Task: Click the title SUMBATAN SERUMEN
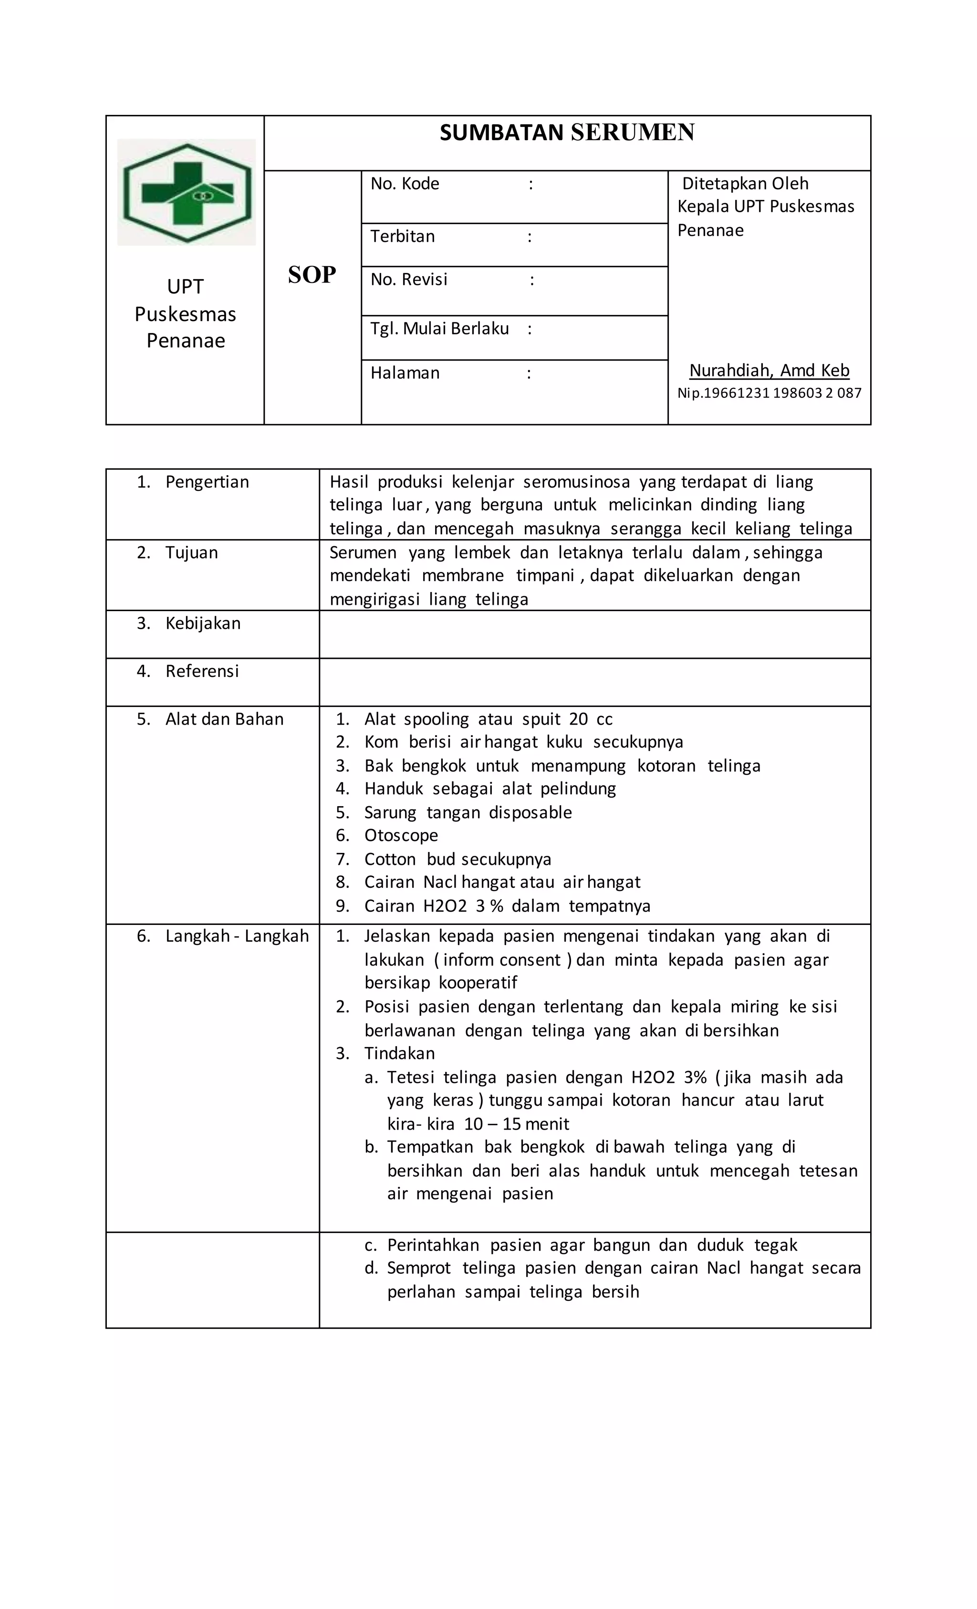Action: tap(566, 133)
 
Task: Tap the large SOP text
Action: tap(312, 275)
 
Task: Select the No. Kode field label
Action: tap(405, 184)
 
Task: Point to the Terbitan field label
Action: tap(402, 237)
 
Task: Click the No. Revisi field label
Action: tap(409, 280)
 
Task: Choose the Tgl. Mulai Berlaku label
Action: tap(439, 329)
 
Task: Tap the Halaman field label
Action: tap(405, 373)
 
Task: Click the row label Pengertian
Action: tap(207, 482)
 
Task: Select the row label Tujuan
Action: tap(191, 552)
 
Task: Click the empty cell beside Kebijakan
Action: tap(594, 634)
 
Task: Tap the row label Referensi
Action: tap(202, 671)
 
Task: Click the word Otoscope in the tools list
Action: tap(401, 835)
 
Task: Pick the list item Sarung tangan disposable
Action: tap(468, 812)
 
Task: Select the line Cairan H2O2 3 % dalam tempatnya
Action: tap(507, 906)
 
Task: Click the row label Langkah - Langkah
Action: tap(237, 936)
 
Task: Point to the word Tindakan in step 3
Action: tap(399, 1053)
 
